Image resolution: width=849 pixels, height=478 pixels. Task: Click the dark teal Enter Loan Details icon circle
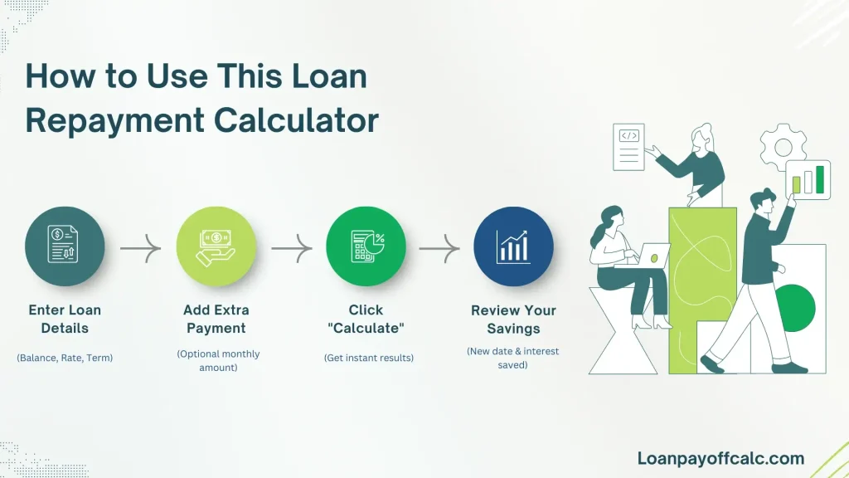(65, 246)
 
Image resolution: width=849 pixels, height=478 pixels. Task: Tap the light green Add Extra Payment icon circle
(216, 246)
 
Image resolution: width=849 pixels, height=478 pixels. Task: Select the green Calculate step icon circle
(366, 246)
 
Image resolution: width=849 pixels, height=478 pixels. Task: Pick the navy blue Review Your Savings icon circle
(513, 246)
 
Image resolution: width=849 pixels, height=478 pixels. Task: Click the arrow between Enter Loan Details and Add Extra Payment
(140, 247)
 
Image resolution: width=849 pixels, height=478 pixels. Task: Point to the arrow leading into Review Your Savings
(439, 247)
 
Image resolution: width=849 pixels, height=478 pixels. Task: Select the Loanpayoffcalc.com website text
(720, 458)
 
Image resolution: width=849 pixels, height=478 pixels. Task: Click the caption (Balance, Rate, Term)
(65, 358)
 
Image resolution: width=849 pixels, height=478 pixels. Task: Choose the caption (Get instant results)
(366, 358)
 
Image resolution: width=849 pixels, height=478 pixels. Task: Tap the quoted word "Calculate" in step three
(366, 328)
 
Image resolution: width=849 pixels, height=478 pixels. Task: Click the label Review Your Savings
(513, 319)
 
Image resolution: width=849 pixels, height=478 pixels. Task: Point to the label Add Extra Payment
(216, 319)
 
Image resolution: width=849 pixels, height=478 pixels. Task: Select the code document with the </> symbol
(628, 147)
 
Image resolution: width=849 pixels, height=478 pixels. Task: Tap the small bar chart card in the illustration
(808, 178)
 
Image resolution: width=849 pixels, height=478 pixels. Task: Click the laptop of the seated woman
(655, 256)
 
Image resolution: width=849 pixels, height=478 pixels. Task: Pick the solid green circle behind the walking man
(792, 305)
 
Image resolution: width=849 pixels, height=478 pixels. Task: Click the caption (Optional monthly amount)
(217, 360)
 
